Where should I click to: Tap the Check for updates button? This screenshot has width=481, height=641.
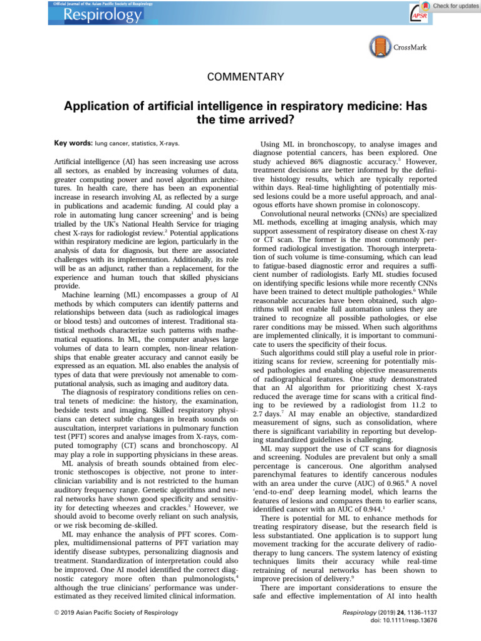pos(450,6)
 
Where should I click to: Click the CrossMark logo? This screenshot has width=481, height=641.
pos(399,47)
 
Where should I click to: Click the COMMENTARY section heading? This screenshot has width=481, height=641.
pos(240,78)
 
